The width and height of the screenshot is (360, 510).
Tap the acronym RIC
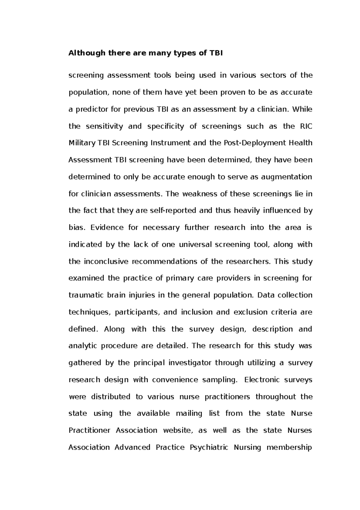coord(306,126)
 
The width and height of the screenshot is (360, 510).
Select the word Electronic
coord(261,380)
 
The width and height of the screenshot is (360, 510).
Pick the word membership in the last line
coord(289,448)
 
